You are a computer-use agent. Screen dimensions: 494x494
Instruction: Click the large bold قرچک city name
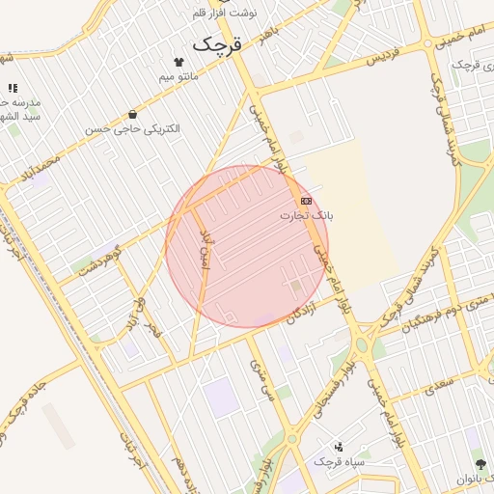tap(217, 43)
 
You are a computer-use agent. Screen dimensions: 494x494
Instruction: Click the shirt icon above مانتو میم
tap(178, 61)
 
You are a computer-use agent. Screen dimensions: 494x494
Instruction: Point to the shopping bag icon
tap(132, 115)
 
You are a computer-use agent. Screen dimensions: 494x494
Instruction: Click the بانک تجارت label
tap(306, 214)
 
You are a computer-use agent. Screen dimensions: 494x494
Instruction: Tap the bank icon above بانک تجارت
tap(306, 201)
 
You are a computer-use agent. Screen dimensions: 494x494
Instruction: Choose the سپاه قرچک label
tap(338, 461)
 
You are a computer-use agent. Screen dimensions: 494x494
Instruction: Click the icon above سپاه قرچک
tap(338, 447)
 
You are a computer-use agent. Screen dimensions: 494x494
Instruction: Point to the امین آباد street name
tap(204, 252)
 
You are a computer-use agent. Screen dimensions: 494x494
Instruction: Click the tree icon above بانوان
tap(475, 463)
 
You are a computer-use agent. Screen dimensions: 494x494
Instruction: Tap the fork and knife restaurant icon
tap(13, 88)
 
